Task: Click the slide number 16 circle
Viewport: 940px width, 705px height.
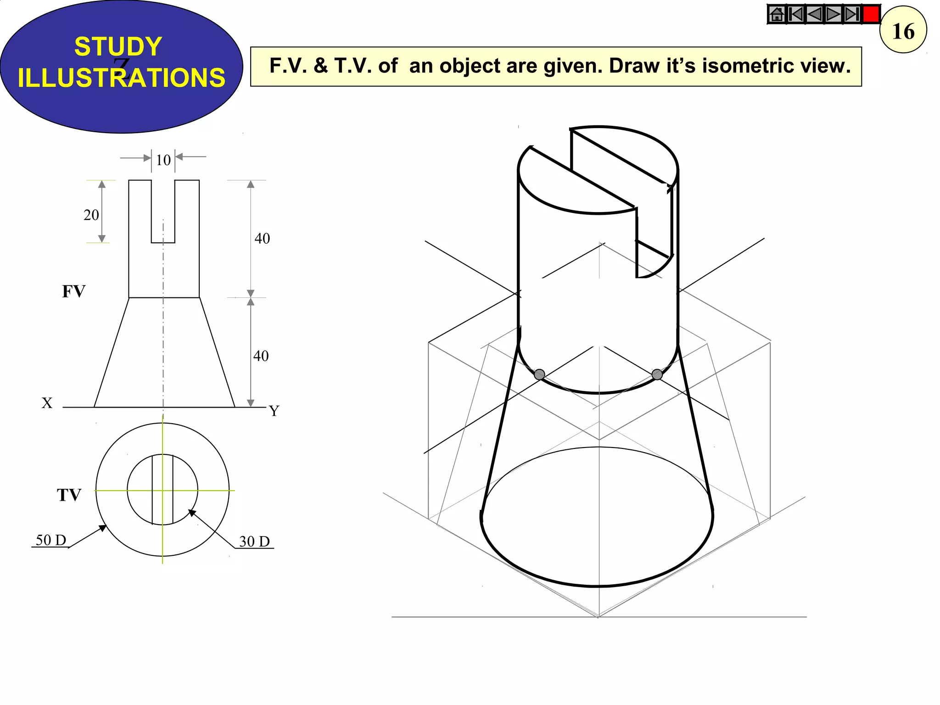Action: pos(903,30)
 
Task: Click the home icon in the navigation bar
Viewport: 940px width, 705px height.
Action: pos(777,14)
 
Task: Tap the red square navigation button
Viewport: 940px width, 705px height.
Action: pos(871,14)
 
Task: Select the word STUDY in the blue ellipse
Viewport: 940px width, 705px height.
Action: pos(118,46)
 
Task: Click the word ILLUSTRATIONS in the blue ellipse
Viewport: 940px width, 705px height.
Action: pos(122,78)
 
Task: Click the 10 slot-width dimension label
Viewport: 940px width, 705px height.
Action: pos(163,160)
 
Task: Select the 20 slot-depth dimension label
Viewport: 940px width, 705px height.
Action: pos(91,215)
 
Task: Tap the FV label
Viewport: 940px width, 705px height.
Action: pos(73,291)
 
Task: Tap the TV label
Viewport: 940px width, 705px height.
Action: pos(69,495)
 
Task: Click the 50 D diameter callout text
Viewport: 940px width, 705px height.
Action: pos(51,540)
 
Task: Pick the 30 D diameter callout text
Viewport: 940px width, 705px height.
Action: pos(254,542)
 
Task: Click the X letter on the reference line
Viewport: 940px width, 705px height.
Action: pos(47,403)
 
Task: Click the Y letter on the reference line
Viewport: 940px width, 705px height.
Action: pos(274,410)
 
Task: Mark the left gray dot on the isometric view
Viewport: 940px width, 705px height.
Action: pos(540,375)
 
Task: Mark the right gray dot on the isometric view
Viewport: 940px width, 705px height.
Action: pos(657,375)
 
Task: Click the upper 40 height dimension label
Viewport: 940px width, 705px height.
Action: pos(262,239)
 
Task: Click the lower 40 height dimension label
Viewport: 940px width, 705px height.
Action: pos(261,356)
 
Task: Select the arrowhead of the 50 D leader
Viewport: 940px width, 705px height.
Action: pos(103,528)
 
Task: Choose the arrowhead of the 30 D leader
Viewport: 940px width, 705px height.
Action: pos(192,513)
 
